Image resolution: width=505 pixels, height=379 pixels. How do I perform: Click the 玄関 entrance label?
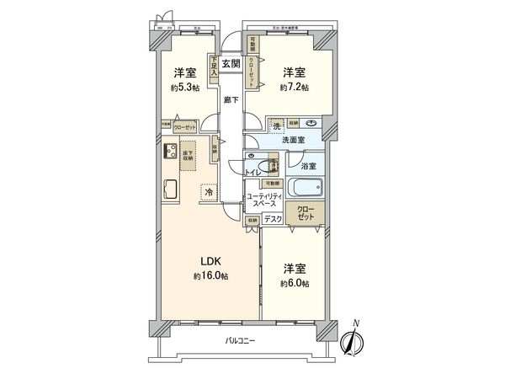pyautogui.click(x=231, y=63)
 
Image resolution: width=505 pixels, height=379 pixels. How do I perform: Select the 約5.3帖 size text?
pyautogui.click(x=185, y=88)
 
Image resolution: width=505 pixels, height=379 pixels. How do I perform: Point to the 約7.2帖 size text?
pyautogui.click(x=294, y=87)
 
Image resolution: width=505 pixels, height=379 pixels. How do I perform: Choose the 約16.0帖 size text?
pyautogui.click(x=211, y=276)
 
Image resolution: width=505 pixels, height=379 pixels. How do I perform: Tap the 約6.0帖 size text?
pyautogui.click(x=294, y=284)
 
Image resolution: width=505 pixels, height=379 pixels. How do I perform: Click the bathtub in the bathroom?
pyautogui.click(x=304, y=188)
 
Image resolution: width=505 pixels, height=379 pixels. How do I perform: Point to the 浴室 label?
pyautogui.click(x=309, y=167)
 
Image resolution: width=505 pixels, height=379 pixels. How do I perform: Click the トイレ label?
pyautogui.click(x=252, y=173)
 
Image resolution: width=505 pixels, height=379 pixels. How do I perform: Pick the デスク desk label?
pyautogui.click(x=272, y=218)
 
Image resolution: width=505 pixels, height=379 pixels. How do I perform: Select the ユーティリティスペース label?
pyautogui.click(x=263, y=202)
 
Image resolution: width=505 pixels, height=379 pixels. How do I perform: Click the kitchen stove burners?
pyautogui.click(x=167, y=153)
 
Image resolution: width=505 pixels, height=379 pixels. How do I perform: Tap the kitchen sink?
pyautogui.click(x=167, y=187)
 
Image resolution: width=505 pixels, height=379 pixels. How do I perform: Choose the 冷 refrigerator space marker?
pyautogui.click(x=208, y=193)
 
